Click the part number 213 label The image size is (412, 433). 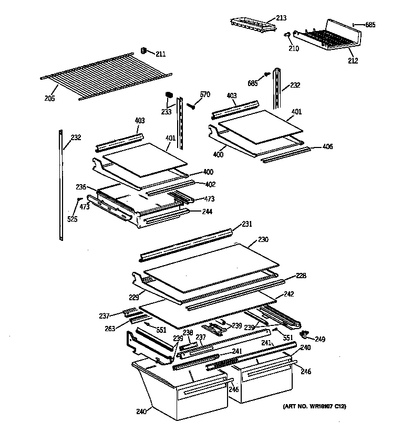point(281,18)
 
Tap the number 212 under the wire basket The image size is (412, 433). point(352,60)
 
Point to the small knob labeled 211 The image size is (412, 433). point(142,50)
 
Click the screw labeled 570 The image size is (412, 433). point(191,105)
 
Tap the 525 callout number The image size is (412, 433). point(72,219)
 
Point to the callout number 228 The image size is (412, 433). point(301,276)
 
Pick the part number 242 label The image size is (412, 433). point(289,294)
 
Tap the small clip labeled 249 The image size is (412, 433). point(303,334)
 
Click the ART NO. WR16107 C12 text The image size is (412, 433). point(315,407)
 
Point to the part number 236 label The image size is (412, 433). point(80,186)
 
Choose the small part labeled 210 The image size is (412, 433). point(287,35)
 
